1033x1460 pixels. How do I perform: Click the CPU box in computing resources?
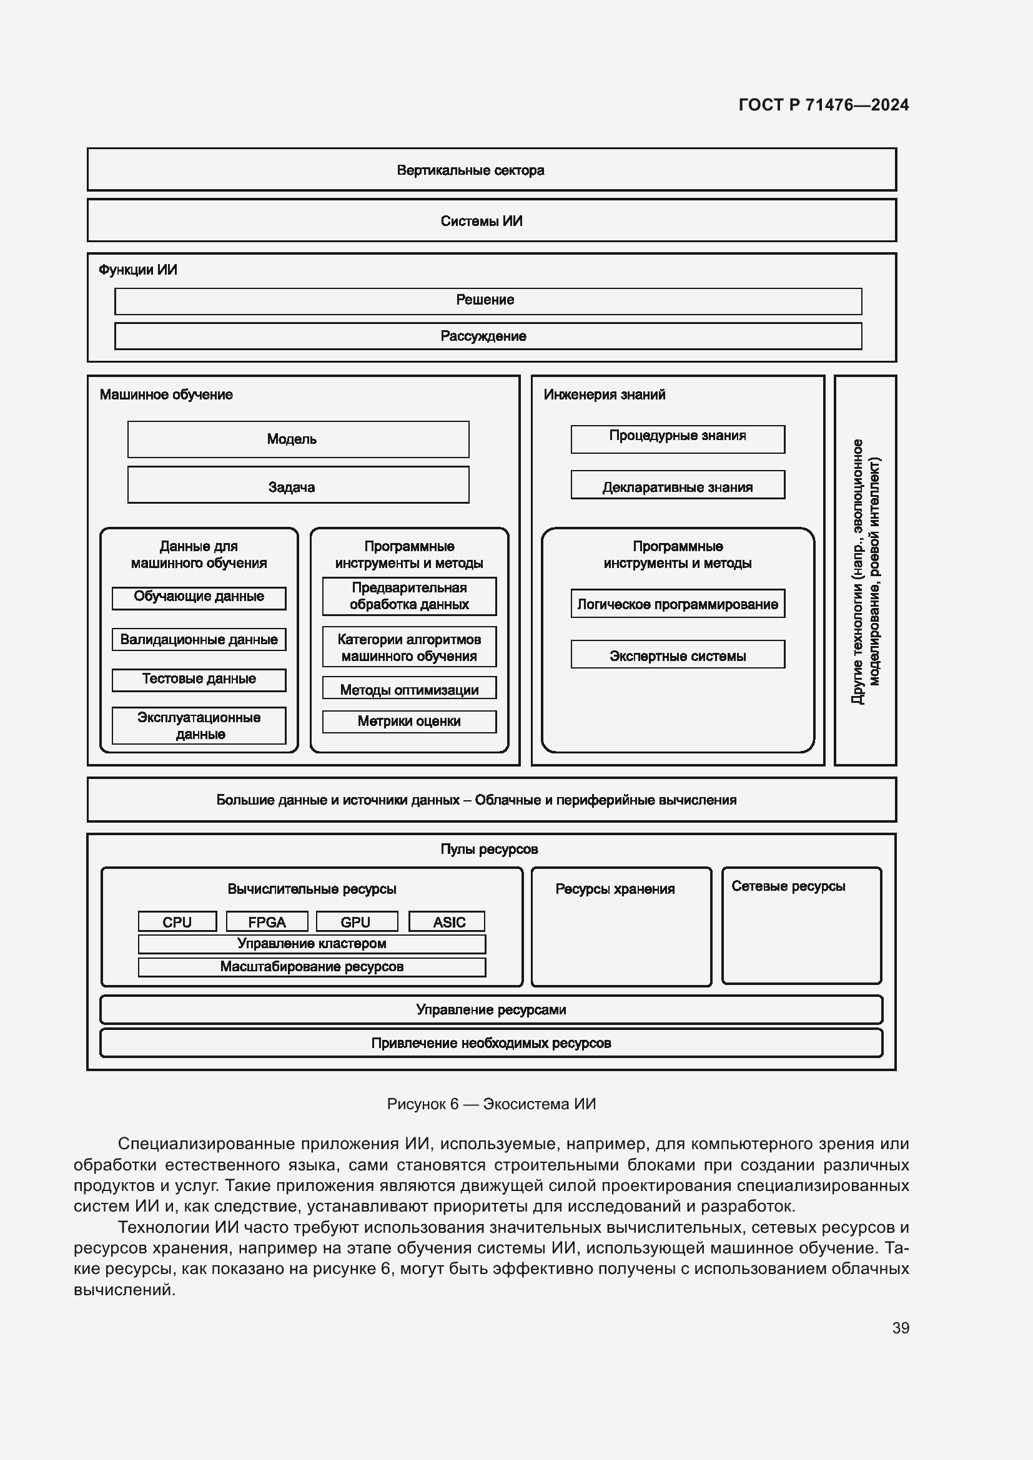[177, 921]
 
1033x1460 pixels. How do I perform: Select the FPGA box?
[267, 921]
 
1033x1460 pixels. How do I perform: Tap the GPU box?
[355, 921]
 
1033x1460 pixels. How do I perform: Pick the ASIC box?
[447, 921]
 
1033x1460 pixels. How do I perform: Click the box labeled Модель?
[298, 439]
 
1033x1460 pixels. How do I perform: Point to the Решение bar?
[487, 301]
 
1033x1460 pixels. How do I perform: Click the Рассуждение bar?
[487, 336]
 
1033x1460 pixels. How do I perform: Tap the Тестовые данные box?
[199, 679]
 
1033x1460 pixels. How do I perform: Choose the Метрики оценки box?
[408, 721]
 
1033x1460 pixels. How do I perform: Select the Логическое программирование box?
[678, 604]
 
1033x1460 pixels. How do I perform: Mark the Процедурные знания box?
[678, 439]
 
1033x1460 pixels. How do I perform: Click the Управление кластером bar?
[312, 944]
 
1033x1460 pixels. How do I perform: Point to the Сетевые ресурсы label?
[788, 886]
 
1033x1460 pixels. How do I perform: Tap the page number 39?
[900, 1328]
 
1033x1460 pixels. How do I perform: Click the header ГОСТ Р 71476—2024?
[823, 105]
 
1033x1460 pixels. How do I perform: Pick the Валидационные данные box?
[199, 639]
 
